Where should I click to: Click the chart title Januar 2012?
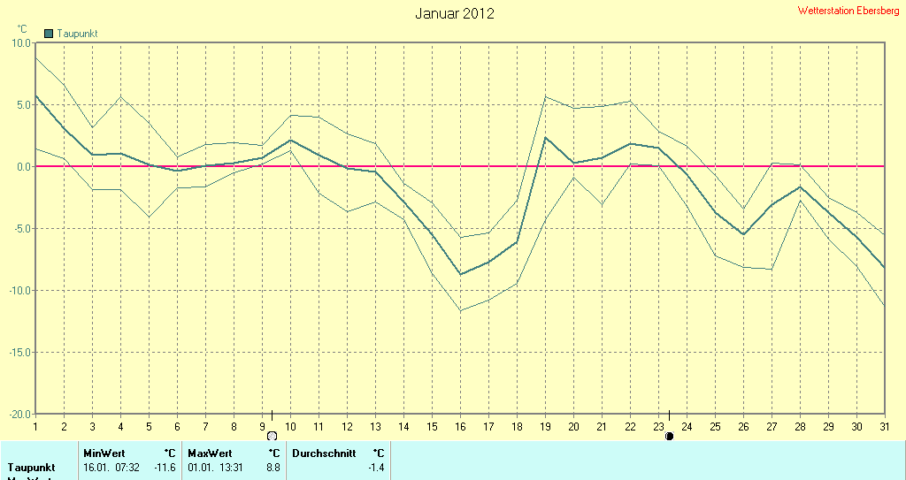pos(455,13)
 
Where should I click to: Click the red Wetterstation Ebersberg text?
pos(848,11)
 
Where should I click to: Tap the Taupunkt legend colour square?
pos(50,34)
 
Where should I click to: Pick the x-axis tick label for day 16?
pos(460,426)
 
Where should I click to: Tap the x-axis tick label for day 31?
pos(885,426)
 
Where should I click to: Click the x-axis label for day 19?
pos(545,426)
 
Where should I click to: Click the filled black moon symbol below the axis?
pos(669,436)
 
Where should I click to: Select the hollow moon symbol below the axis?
pos(272,436)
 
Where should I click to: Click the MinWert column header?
pos(104,453)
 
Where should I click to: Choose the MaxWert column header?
pos(210,453)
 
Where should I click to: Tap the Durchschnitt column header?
pos(324,453)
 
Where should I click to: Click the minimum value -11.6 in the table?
pos(165,467)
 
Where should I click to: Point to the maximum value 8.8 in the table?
pos(273,467)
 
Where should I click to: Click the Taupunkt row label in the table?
pos(32,467)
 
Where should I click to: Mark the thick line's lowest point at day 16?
pos(460,274)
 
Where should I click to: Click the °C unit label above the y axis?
pos(22,28)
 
